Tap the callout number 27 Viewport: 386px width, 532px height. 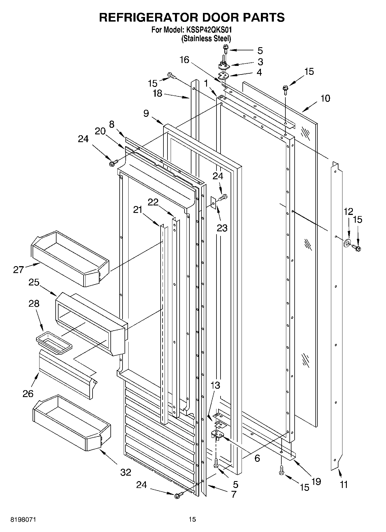pos(18,270)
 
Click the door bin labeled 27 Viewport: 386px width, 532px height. pos(69,258)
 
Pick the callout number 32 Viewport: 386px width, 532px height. pos(126,472)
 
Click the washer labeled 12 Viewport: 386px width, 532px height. pos(347,243)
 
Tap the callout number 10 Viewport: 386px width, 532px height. pos(325,98)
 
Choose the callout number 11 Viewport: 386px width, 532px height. pos(343,485)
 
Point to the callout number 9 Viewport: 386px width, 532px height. pos(146,113)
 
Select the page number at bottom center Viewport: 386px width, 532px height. pos(192,519)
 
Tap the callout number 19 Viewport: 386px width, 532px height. pos(316,481)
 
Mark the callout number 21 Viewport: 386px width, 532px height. pos(138,209)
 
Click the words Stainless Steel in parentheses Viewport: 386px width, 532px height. pos(206,38)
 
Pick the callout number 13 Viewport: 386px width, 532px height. pos(215,385)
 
